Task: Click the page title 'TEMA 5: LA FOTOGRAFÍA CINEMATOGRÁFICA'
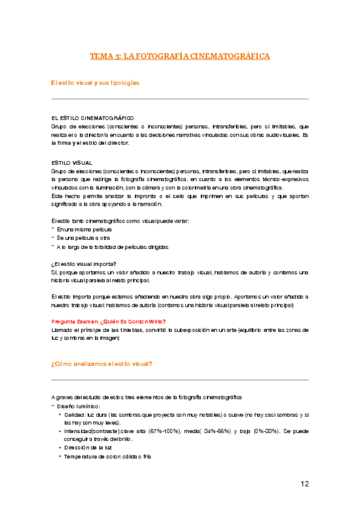click(180, 57)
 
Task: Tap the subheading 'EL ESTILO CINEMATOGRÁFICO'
click(93, 117)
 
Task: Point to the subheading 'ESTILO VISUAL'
click(72, 162)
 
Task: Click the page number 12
click(305, 484)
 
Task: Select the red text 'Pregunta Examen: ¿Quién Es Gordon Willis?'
click(109, 321)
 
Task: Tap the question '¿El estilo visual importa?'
click(84, 263)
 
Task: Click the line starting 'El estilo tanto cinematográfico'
click(120, 221)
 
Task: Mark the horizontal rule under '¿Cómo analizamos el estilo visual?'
click(180, 380)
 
